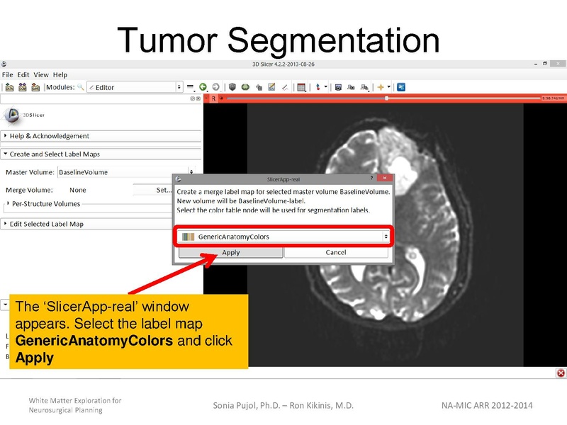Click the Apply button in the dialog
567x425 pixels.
point(230,252)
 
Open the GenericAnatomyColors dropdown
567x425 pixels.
point(283,237)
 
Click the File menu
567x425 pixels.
point(8,74)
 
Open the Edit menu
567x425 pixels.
point(23,74)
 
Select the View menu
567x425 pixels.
point(41,74)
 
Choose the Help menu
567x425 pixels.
point(60,74)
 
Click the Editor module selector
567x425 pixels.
point(135,87)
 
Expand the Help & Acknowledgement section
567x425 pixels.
point(50,136)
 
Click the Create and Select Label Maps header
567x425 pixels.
point(55,154)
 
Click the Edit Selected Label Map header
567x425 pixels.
point(47,224)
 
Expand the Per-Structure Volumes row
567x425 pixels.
point(46,204)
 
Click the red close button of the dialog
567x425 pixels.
point(383,180)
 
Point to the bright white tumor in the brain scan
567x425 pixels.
point(403,169)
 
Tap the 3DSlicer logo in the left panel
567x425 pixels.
point(12,114)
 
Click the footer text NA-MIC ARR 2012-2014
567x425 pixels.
point(486,405)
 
